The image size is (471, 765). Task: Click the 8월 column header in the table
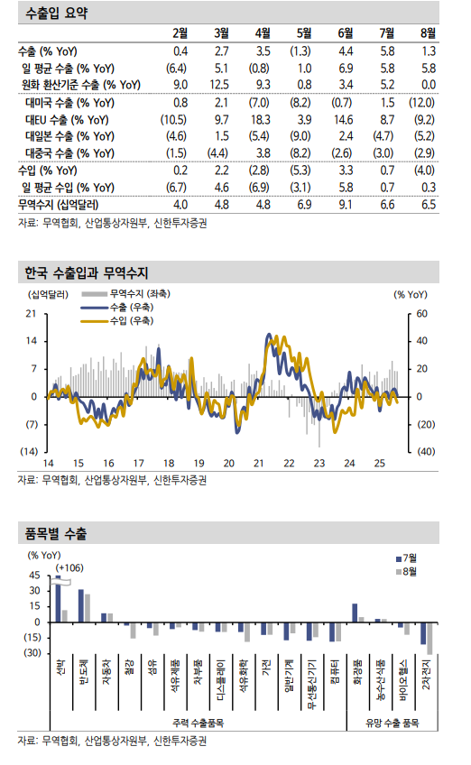[x=428, y=34]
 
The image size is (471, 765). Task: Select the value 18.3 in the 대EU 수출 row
[x=263, y=119]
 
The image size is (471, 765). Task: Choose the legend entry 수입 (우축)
[x=131, y=320]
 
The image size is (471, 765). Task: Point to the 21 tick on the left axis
[x=31, y=314]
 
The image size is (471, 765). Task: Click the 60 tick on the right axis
[x=421, y=314]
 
